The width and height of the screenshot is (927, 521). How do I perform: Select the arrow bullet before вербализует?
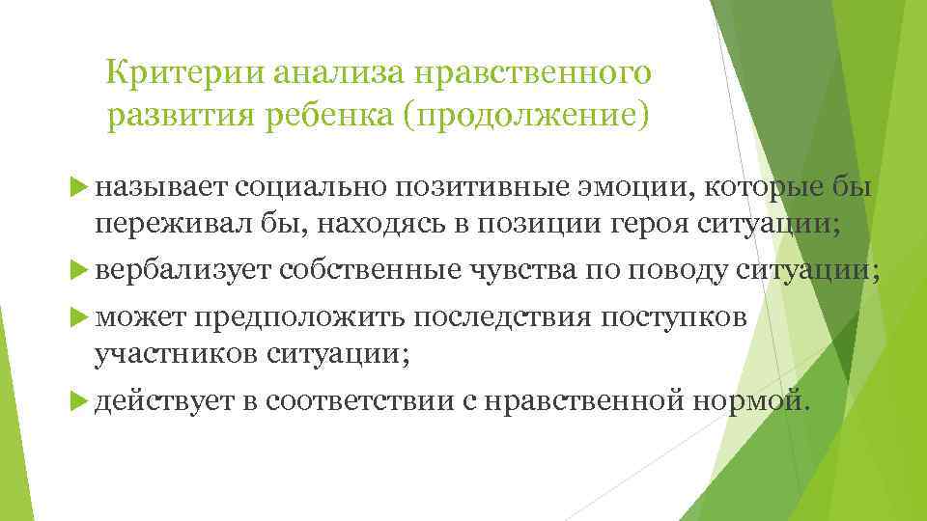(x=80, y=272)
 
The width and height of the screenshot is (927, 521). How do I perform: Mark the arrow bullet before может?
(x=80, y=318)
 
